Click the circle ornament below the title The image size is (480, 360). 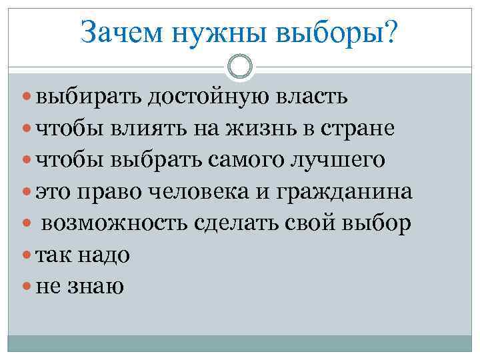(239, 66)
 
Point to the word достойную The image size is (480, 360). (206, 97)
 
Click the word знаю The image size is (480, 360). (99, 288)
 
